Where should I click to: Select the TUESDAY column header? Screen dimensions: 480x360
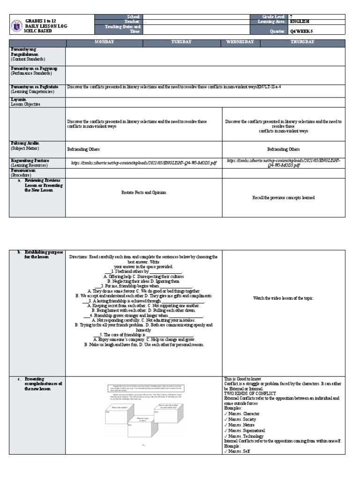[x=182, y=42]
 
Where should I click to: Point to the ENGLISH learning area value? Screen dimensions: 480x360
[x=300, y=22]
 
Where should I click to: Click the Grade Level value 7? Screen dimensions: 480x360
[x=292, y=16]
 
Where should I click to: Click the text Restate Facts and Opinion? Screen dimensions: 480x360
[x=143, y=193]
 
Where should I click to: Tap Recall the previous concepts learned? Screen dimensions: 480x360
[x=283, y=198]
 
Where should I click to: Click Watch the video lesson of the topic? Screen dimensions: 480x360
[x=283, y=298]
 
